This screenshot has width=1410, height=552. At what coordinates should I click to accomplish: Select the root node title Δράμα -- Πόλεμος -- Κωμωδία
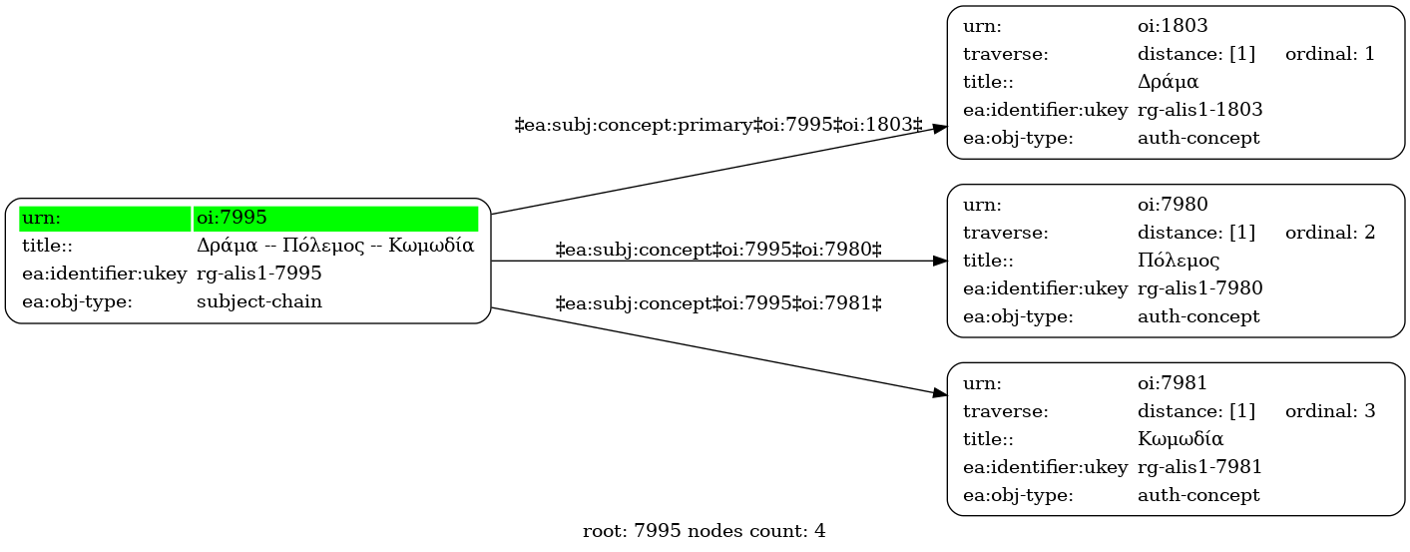[335, 246]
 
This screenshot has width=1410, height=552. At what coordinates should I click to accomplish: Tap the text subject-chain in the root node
[259, 301]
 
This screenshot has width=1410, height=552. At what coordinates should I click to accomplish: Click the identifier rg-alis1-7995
[259, 274]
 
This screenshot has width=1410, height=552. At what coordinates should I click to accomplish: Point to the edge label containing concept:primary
[718, 125]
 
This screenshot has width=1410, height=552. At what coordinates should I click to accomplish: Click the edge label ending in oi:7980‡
[718, 250]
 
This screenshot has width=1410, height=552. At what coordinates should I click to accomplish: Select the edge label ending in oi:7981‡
[718, 303]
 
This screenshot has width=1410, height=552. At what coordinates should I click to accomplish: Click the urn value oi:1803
[1173, 26]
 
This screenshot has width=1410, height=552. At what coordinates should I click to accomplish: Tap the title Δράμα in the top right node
[1168, 82]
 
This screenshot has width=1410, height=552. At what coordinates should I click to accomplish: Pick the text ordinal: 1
[1330, 54]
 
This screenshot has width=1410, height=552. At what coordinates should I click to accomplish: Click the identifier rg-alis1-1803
[1200, 110]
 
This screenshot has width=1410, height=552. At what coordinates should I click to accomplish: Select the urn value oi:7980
[1173, 205]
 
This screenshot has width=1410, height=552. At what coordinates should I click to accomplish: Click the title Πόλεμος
[1178, 261]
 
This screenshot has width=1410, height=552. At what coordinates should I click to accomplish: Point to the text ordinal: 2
[1330, 233]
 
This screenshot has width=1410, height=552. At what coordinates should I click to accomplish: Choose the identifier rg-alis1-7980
[1200, 288]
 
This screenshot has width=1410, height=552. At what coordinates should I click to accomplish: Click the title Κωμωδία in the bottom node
[1180, 438]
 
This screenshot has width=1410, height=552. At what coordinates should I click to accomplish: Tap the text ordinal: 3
[1330, 411]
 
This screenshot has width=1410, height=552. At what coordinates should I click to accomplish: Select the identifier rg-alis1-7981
[1200, 467]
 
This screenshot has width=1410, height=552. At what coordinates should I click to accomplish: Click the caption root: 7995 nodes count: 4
[704, 531]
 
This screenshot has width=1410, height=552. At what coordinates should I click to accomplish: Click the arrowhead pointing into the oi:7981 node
[940, 394]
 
